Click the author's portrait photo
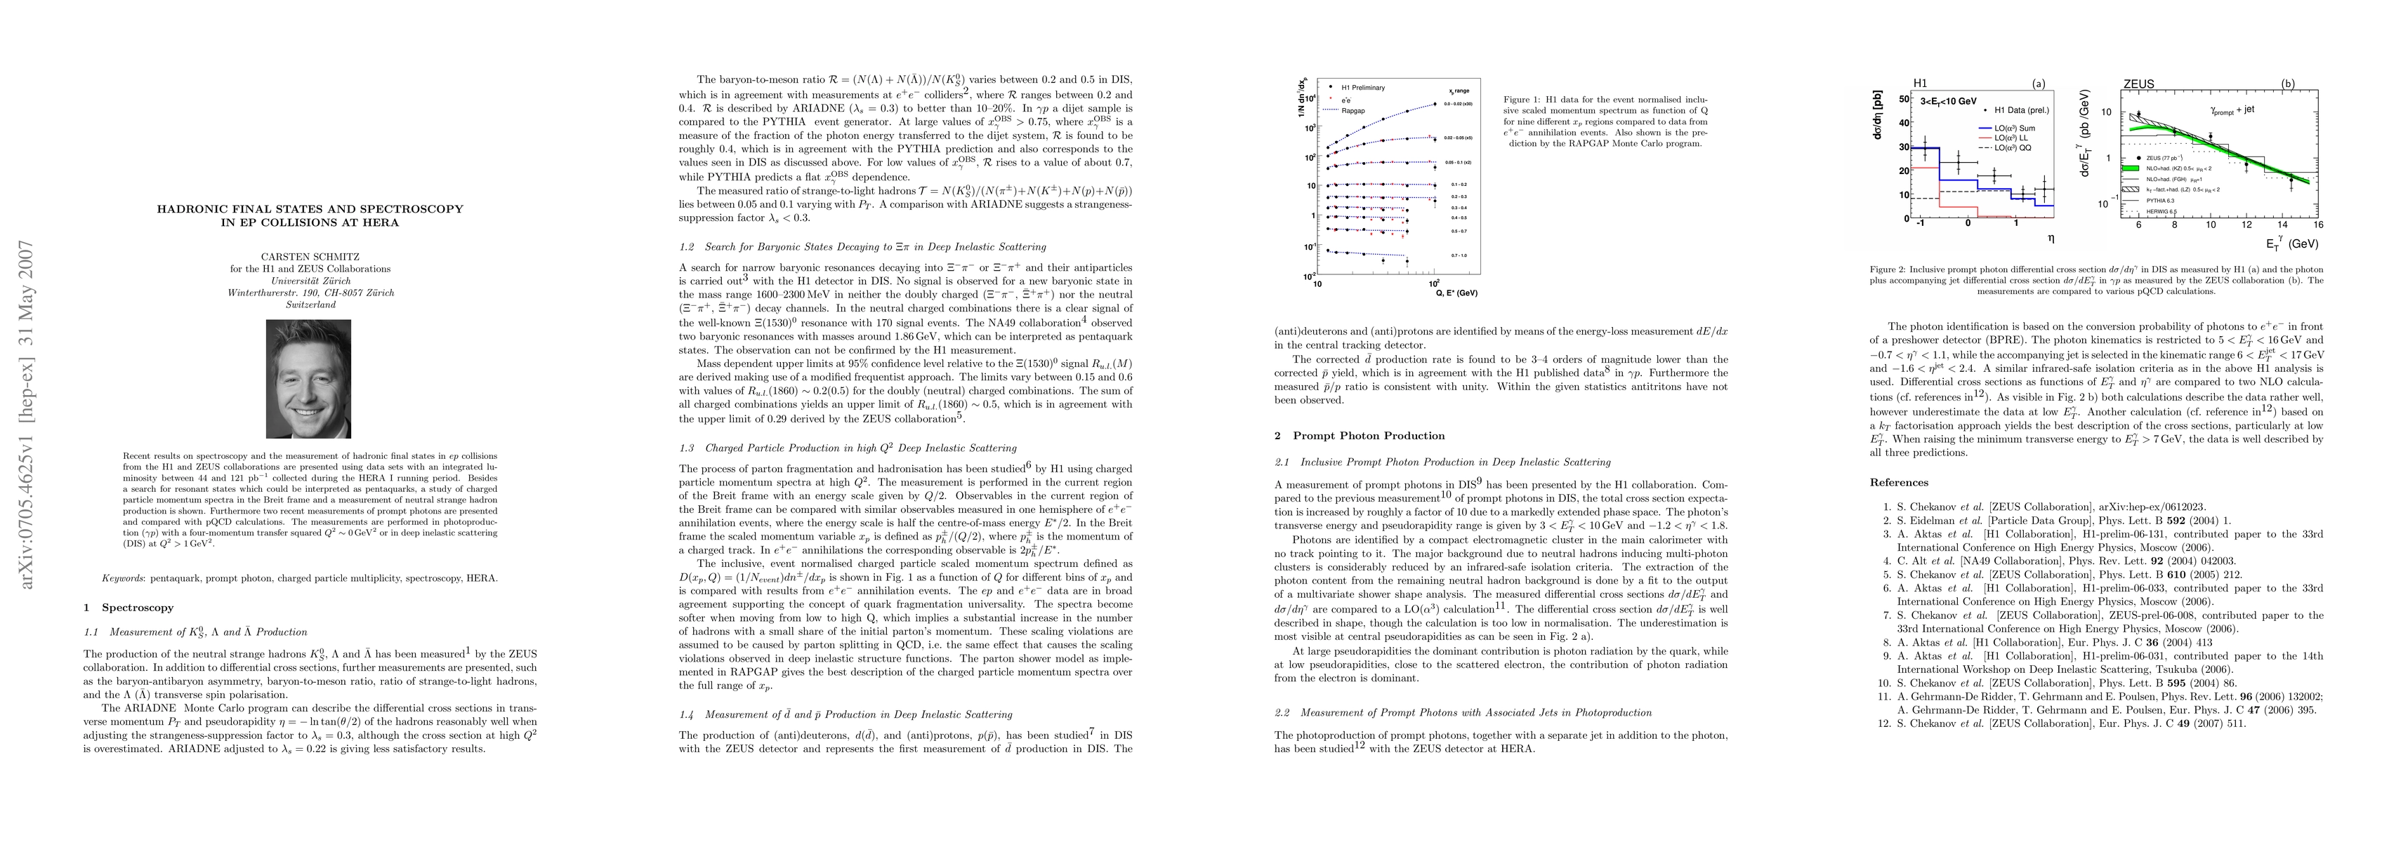pos(308,378)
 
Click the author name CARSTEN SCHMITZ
pos(310,256)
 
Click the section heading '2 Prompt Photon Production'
pos(1355,435)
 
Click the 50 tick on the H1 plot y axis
pos(1904,98)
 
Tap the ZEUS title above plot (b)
pos(2131,84)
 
